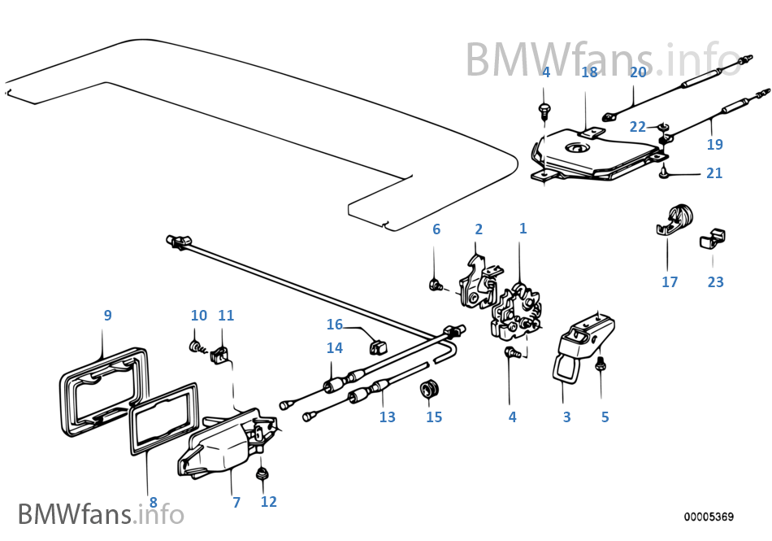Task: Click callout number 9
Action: pyautogui.click(x=107, y=315)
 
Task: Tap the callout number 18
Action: pyautogui.click(x=589, y=72)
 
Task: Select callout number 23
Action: pyautogui.click(x=715, y=282)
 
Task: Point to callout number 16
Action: pyautogui.click(x=335, y=325)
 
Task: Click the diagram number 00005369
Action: pyautogui.click(x=708, y=517)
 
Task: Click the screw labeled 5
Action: pyautogui.click(x=601, y=365)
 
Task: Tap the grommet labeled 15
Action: pyautogui.click(x=429, y=389)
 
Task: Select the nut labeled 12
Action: pyautogui.click(x=262, y=473)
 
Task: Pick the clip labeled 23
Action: pyautogui.click(x=712, y=238)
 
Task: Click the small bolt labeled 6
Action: pyautogui.click(x=436, y=285)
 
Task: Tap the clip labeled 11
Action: pyautogui.click(x=219, y=356)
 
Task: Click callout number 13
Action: pyautogui.click(x=387, y=417)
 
